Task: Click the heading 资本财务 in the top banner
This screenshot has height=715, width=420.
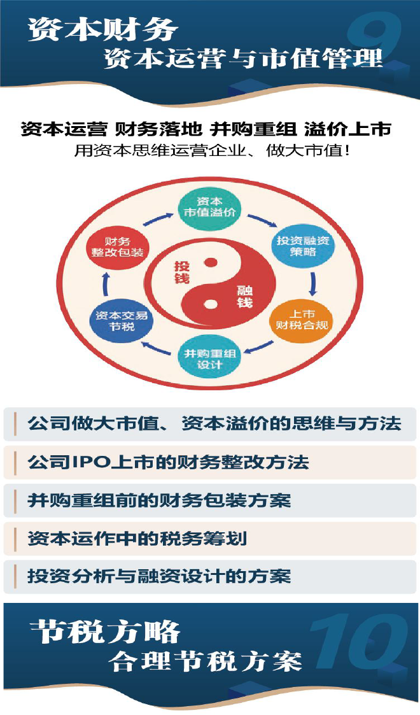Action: click(x=102, y=29)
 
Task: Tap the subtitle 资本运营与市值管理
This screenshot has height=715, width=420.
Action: click(x=244, y=59)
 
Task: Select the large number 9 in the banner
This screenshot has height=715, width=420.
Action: click(x=374, y=38)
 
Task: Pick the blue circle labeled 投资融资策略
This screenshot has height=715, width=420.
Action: click(x=303, y=246)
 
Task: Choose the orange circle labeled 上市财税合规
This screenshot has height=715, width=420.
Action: click(x=302, y=320)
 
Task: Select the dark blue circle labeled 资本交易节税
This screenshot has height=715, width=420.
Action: click(x=121, y=321)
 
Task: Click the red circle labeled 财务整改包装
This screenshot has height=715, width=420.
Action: click(x=117, y=246)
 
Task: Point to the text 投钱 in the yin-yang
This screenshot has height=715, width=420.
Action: click(x=182, y=273)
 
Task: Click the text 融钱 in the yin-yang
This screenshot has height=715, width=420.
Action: click(x=244, y=297)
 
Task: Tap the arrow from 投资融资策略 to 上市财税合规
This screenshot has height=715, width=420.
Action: click(x=312, y=284)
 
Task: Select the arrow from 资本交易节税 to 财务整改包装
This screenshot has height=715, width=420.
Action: click(x=106, y=284)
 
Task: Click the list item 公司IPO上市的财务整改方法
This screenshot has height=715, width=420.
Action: click(x=168, y=462)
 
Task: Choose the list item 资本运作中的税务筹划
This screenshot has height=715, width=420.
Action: click(x=137, y=539)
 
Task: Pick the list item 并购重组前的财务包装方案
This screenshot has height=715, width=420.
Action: click(x=159, y=500)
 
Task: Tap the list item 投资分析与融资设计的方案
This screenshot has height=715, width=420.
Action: click(x=159, y=576)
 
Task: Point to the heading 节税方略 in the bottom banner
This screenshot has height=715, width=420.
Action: click(x=105, y=632)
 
